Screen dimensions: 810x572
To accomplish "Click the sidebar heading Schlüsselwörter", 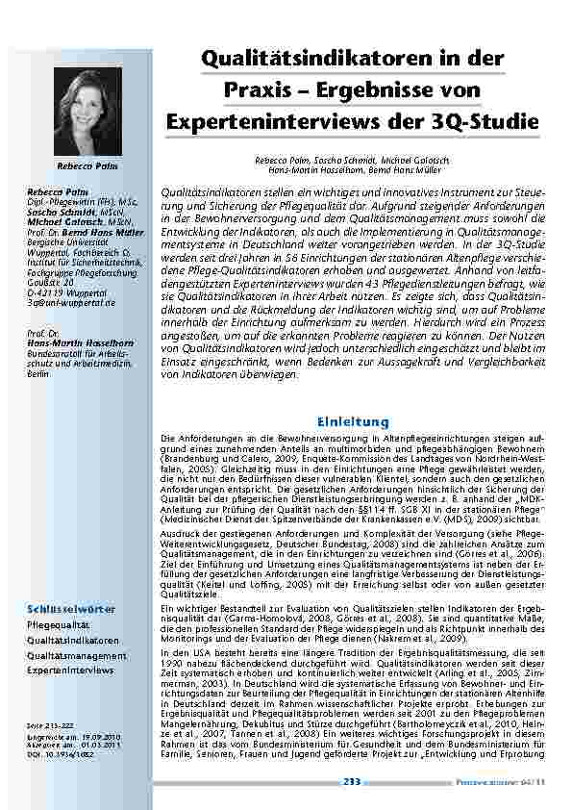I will tap(71, 609).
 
